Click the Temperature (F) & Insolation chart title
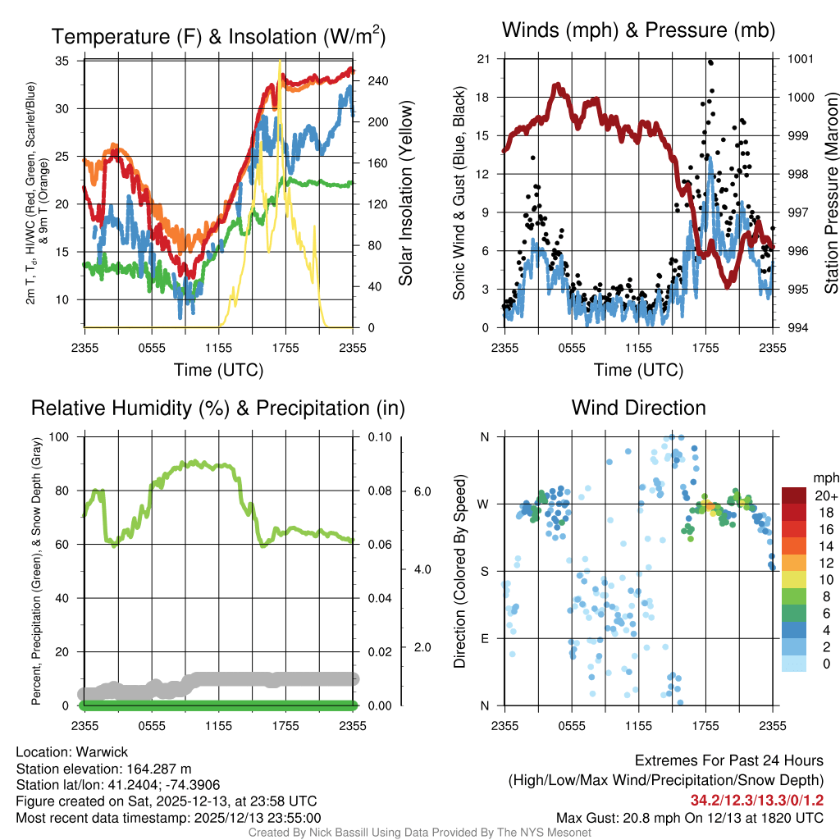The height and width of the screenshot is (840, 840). click(x=217, y=37)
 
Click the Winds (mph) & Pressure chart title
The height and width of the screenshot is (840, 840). click(x=638, y=31)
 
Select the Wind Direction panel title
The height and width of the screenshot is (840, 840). click(x=638, y=408)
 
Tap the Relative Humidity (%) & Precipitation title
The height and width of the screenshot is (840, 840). click(x=217, y=408)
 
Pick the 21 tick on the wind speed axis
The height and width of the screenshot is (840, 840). click(x=483, y=59)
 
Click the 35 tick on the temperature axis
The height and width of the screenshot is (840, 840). click(x=62, y=61)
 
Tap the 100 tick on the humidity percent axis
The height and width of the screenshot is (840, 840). click(x=60, y=436)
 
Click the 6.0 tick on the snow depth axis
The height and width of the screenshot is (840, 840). click(x=422, y=491)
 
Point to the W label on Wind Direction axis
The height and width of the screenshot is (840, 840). click(x=484, y=504)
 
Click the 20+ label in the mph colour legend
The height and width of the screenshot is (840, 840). click(x=821, y=495)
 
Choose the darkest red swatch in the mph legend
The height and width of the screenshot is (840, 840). click(x=793, y=495)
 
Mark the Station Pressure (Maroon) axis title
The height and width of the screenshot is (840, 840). click(x=831, y=193)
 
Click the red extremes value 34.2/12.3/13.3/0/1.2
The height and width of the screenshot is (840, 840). click(x=757, y=799)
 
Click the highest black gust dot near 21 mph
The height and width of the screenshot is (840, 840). click(x=710, y=62)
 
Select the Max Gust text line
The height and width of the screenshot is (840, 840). click(x=690, y=817)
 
